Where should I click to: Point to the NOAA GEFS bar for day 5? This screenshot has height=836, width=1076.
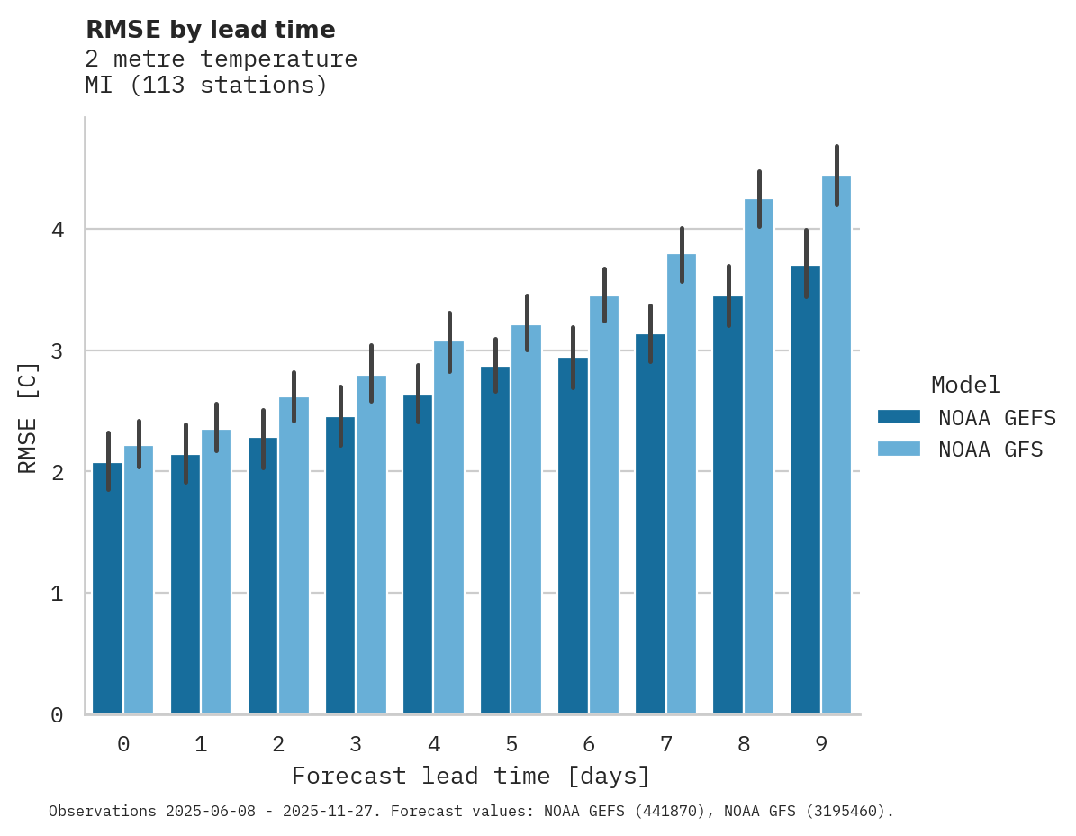click(495, 541)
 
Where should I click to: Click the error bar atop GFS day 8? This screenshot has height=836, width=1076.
click(759, 199)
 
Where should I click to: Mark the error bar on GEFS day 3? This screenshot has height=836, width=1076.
click(340, 416)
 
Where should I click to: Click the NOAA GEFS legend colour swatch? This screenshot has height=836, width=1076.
click(899, 417)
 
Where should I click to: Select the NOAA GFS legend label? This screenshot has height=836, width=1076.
click(990, 450)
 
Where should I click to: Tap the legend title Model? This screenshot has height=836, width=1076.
click(965, 385)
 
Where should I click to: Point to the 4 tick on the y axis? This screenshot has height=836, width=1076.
click(57, 230)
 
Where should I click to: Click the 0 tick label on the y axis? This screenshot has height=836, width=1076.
click(57, 715)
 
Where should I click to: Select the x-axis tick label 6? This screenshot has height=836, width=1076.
click(589, 744)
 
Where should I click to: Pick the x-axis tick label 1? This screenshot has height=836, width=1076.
click(201, 744)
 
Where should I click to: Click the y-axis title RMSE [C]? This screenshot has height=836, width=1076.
click(28, 417)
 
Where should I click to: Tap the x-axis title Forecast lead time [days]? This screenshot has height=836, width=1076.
click(470, 776)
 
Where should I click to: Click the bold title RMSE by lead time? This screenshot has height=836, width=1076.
click(210, 30)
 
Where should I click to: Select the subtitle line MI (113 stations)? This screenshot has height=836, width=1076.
click(206, 86)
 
